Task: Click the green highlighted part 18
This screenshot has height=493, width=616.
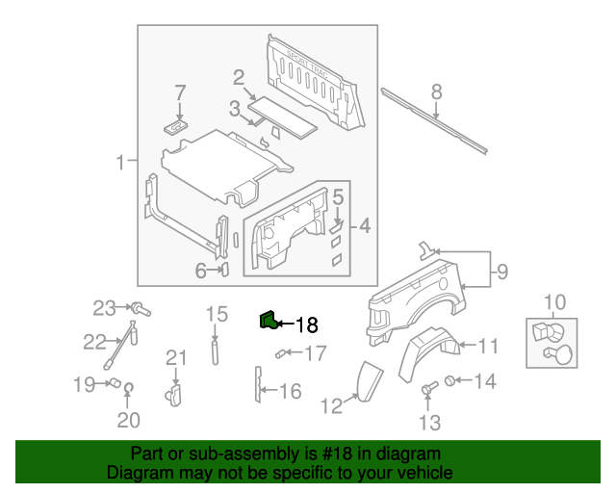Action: [x=267, y=321]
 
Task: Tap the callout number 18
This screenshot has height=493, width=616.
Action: [x=305, y=326]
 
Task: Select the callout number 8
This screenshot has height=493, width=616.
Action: [x=436, y=92]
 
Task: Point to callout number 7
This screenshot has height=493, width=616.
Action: [x=179, y=93]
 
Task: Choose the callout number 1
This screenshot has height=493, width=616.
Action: [x=121, y=163]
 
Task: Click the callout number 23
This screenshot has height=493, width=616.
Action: [x=104, y=308]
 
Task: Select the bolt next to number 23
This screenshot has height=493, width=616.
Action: [x=140, y=310]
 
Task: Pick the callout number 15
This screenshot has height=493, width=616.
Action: [x=217, y=314]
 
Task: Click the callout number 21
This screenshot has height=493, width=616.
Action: [x=174, y=359]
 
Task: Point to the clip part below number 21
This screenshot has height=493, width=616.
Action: [x=174, y=392]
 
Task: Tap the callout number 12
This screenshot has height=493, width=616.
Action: [x=331, y=406]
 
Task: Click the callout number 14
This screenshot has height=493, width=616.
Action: [x=484, y=382]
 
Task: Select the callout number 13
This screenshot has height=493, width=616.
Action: [x=428, y=422]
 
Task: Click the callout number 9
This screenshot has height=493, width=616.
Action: [x=501, y=272]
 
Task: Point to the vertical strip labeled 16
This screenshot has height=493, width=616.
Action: [x=258, y=384]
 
